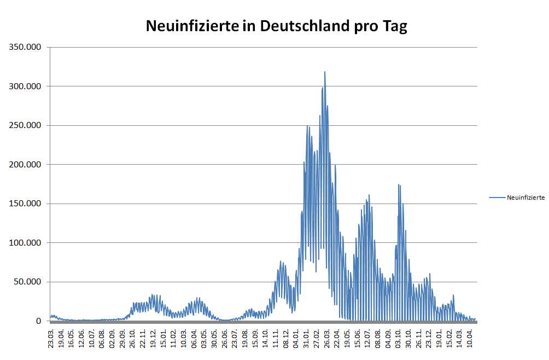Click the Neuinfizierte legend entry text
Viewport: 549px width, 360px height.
coord(525,198)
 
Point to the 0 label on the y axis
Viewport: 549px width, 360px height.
coord(39,321)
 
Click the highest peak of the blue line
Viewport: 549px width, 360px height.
coord(325,72)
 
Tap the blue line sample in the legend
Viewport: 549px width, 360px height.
coord(497,198)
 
